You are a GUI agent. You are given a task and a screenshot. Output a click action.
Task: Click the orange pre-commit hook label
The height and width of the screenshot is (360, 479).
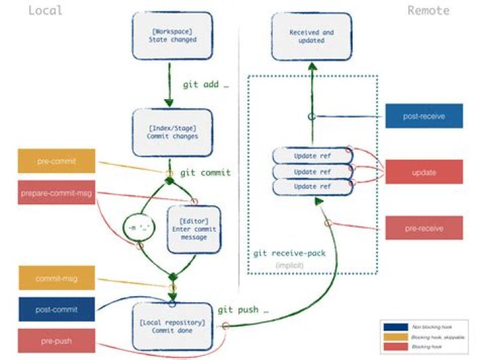click(57, 161)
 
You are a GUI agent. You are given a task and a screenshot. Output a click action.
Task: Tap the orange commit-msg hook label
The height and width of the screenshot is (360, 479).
click(57, 278)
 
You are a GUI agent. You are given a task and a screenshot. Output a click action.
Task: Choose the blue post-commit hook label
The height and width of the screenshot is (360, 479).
click(57, 310)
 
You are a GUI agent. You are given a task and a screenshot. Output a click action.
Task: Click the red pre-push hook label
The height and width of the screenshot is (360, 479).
click(57, 341)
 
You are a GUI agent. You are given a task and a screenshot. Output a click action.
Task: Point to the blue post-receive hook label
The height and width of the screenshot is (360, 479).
click(424, 116)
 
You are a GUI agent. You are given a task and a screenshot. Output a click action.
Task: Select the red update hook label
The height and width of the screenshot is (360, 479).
click(424, 173)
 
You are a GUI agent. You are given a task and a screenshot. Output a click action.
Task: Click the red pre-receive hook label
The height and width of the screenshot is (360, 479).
click(424, 228)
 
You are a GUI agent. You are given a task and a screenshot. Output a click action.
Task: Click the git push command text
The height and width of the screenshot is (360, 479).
click(243, 310)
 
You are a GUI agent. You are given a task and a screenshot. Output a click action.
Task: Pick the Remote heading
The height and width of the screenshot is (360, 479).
click(428, 11)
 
